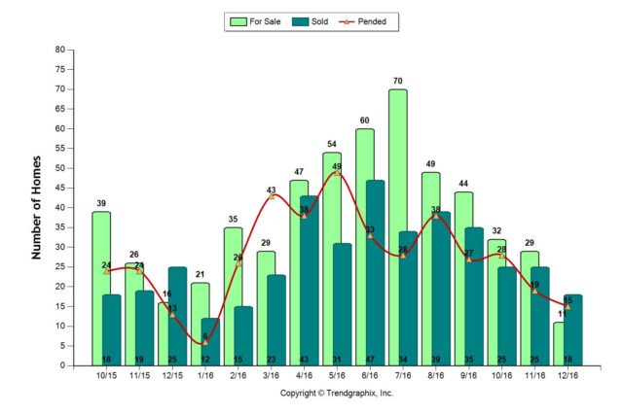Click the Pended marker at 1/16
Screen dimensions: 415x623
(x=204, y=342)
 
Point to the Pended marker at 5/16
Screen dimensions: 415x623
(x=337, y=172)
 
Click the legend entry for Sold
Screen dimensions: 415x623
(x=308, y=20)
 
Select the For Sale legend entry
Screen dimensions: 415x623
(x=258, y=20)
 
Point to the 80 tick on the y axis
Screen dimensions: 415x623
(x=59, y=50)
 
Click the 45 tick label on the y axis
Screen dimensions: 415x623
(x=59, y=188)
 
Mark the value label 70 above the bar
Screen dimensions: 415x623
(x=397, y=82)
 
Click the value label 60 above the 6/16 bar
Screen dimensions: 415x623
(x=364, y=121)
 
